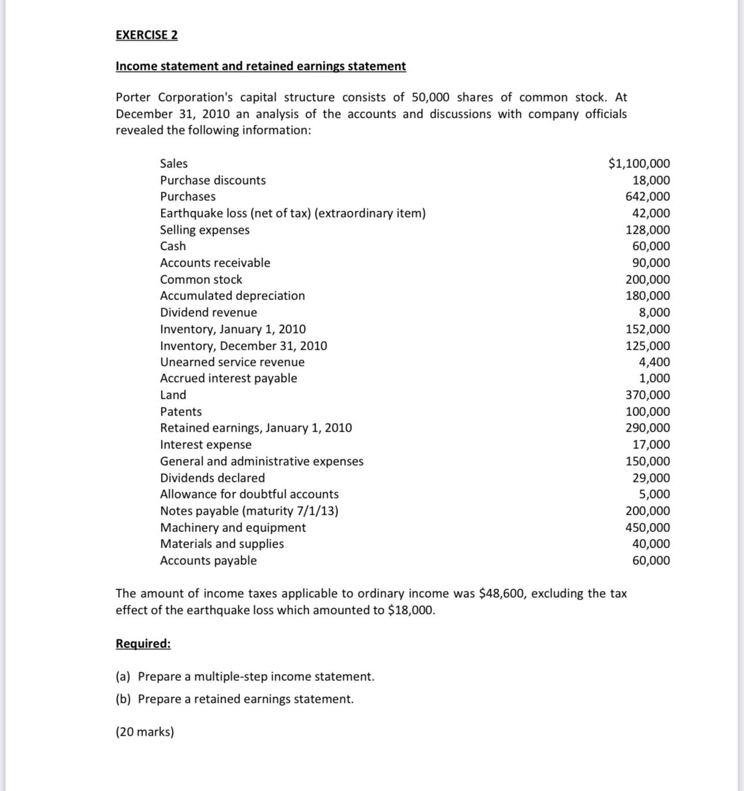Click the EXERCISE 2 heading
point(146,35)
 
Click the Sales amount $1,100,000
point(639,163)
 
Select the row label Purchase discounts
point(213,180)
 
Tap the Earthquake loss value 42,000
point(651,213)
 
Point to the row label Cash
point(173,246)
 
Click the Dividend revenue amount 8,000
point(655,312)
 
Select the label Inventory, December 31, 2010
point(243,346)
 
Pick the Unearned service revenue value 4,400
point(655,362)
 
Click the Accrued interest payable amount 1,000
point(655,378)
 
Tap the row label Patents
point(181,411)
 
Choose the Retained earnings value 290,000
point(648,428)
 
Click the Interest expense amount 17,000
point(651,444)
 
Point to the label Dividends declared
point(212,478)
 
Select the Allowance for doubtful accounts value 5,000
point(655,494)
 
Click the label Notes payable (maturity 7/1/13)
point(249,511)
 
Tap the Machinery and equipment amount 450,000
point(648,527)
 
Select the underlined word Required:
point(143,643)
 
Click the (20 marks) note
point(145,732)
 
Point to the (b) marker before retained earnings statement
point(123,699)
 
